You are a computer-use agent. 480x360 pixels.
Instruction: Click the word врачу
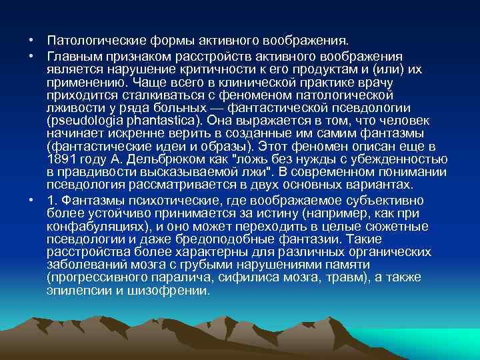click(376, 83)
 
